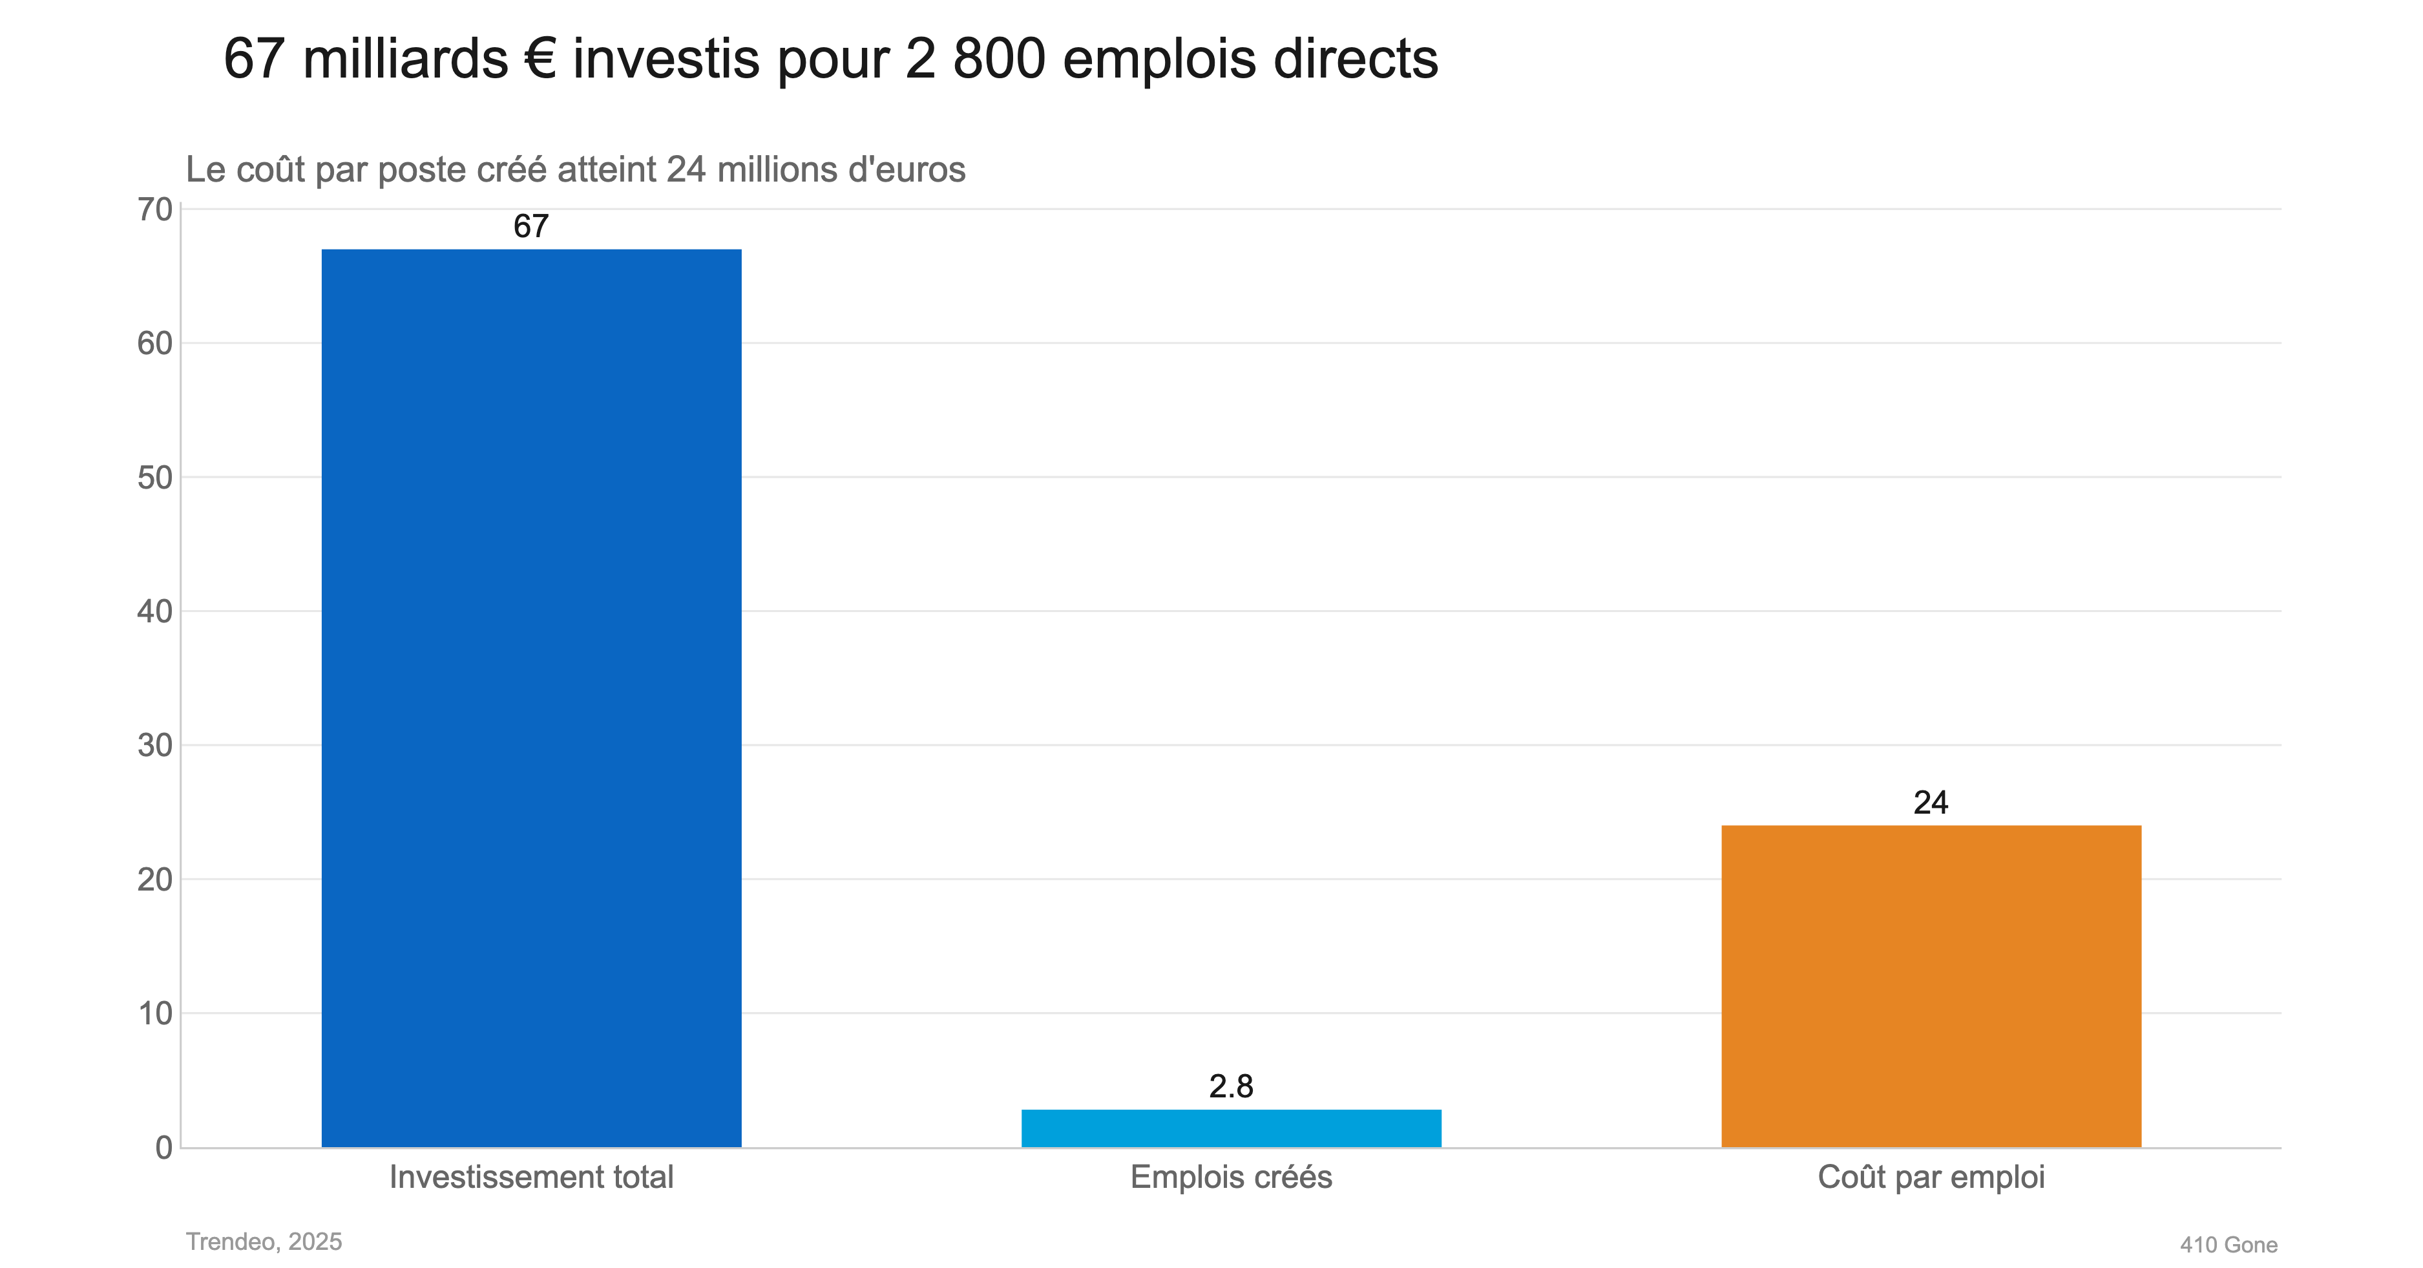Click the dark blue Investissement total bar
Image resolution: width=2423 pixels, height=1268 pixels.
(x=531, y=698)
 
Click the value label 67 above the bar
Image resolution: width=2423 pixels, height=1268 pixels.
(x=530, y=227)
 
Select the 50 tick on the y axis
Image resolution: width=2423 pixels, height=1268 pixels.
(x=155, y=478)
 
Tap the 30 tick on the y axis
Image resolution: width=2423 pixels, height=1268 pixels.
(x=155, y=746)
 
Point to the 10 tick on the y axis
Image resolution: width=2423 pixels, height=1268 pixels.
(x=155, y=1014)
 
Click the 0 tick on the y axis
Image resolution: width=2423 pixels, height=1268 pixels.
(x=163, y=1148)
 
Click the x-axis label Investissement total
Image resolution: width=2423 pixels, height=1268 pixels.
(x=531, y=1178)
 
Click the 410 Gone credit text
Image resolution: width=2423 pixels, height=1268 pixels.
(x=2229, y=1245)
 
